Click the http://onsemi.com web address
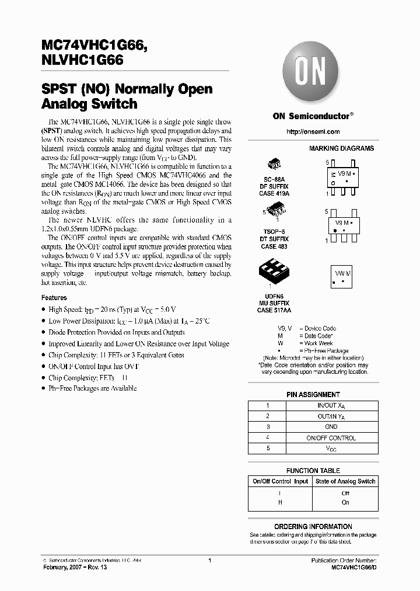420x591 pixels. (x=311, y=133)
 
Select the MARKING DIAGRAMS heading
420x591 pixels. (x=341, y=149)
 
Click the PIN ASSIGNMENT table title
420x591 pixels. (x=313, y=395)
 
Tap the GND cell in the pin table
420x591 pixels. (x=330, y=427)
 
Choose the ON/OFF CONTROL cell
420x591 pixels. (x=330, y=437)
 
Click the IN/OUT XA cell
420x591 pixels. (x=330, y=405)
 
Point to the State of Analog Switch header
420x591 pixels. (x=345, y=481)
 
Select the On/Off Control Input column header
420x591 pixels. (x=280, y=481)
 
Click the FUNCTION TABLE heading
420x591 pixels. (x=313, y=471)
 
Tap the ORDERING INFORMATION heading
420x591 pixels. (x=313, y=527)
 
